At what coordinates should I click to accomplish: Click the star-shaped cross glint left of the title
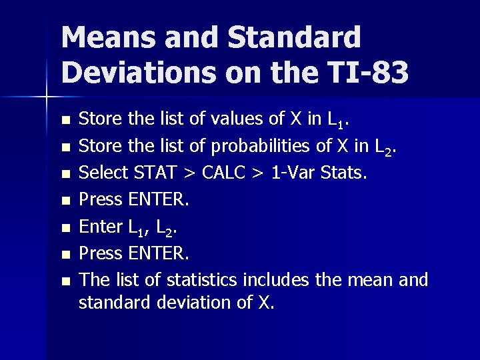click(x=47, y=97)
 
